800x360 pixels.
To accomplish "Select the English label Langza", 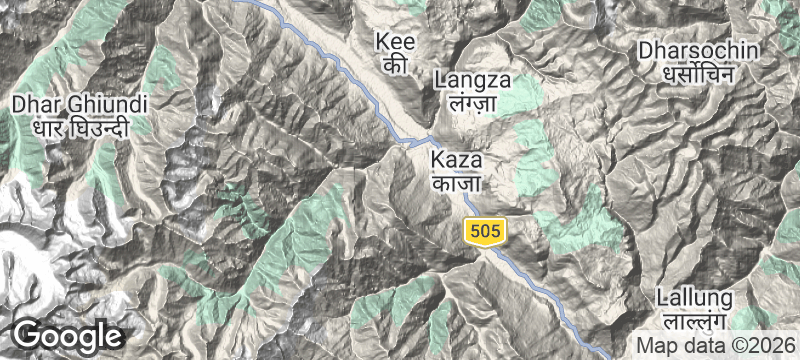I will [473, 80].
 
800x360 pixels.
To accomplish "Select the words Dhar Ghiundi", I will [80, 104].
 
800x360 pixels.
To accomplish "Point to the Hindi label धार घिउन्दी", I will [80, 128].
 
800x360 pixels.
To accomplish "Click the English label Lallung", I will [695, 298].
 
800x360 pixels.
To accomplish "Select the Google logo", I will [68, 336].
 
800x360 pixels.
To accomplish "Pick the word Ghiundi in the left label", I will [104, 104].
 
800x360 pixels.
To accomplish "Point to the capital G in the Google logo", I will [27, 335].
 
